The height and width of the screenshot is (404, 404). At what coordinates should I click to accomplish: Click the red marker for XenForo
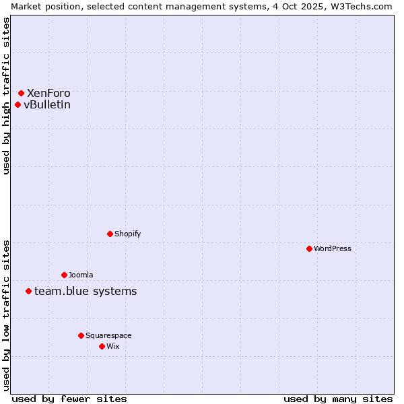click(x=21, y=93)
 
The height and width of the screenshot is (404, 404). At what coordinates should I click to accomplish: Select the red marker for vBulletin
click(x=18, y=104)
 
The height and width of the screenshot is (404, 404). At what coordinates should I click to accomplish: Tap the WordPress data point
click(x=309, y=248)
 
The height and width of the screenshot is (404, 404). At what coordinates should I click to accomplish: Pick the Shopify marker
click(x=110, y=234)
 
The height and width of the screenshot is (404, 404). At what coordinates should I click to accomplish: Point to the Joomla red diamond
click(x=64, y=275)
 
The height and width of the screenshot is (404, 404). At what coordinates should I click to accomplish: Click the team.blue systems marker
click(x=28, y=291)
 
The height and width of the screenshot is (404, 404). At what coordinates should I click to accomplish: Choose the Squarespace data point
click(x=81, y=335)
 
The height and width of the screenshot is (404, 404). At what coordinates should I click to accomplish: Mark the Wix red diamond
click(x=102, y=346)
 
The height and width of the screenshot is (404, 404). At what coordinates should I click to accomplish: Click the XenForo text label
click(x=48, y=93)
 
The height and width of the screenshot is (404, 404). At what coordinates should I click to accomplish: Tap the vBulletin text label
click(x=47, y=104)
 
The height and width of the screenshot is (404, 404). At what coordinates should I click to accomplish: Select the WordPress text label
click(x=333, y=248)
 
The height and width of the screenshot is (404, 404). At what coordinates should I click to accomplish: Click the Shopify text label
click(x=128, y=234)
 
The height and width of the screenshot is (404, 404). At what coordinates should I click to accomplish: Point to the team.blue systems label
click(x=86, y=291)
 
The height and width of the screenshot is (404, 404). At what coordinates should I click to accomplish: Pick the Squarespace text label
click(x=108, y=335)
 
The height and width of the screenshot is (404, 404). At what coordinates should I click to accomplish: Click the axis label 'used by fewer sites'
click(x=69, y=399)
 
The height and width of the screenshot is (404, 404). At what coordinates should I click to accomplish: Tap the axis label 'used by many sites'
click(x=338, y=399)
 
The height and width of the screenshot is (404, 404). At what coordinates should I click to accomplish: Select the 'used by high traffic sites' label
click(x=6, y=96)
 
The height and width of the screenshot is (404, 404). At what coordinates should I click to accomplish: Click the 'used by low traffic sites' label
click(x=6, y=315)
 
